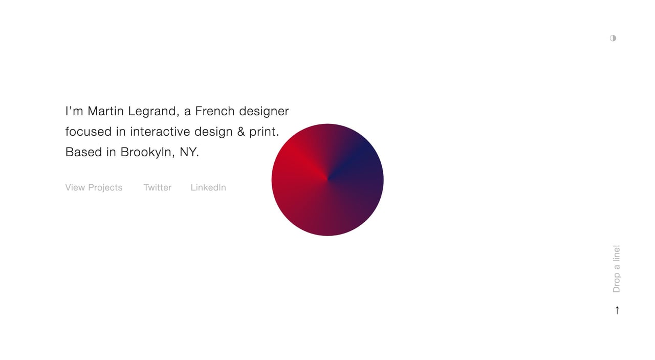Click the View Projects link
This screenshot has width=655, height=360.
point(94,187)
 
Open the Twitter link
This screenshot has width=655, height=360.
point(158,187)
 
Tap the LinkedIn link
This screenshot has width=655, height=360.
point(208,187)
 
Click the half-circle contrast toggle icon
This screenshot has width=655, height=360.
point(613,38)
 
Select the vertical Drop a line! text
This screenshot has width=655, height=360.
point(617,269)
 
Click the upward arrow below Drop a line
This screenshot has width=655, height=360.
point(617,310)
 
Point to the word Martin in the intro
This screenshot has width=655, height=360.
point(105,111)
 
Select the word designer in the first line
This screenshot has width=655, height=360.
point(264,112)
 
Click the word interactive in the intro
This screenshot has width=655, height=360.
point(160,132)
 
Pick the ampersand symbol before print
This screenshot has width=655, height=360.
point(241,132)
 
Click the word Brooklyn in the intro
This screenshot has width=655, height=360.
point(147,152)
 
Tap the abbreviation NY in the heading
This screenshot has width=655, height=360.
point(188,152)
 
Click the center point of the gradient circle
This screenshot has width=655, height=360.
point(327,180)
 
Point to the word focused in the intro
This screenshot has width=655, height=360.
point(89,132)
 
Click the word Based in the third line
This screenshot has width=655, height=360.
point(83,152)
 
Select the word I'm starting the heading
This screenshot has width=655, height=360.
point(74,111)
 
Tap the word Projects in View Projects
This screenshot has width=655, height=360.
point(105,187)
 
